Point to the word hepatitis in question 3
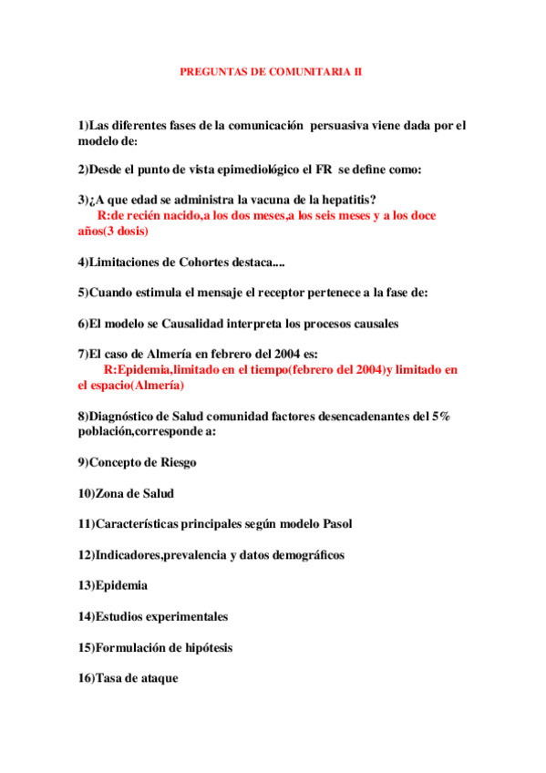click(350, 200)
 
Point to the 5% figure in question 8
click(439, 417)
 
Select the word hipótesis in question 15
click(204, 647)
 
